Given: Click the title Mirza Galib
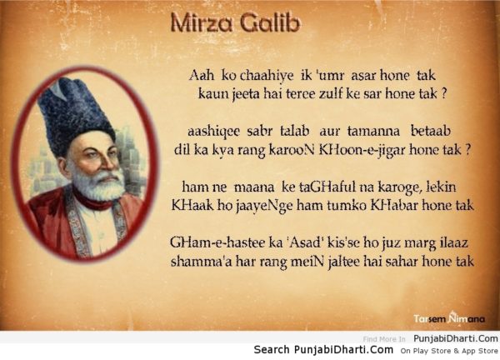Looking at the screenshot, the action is (235, 23).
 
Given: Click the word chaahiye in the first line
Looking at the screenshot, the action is (267, 76).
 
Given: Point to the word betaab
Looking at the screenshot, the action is (431, 131).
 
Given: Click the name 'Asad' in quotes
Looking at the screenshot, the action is (303, 242).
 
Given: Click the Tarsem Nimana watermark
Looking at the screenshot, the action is (449, 318).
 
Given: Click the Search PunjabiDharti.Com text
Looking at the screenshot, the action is (323, 350).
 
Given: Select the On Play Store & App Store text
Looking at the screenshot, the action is (449, 351).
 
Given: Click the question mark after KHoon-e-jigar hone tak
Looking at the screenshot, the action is (467, 149).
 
